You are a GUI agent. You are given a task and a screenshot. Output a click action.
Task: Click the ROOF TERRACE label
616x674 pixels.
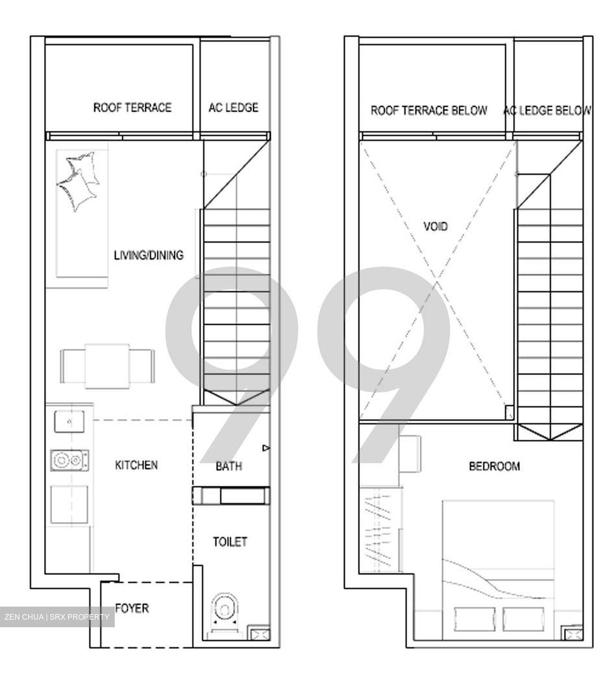coord(132,108)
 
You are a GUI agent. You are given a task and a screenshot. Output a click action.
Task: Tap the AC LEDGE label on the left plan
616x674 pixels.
coord(233,108)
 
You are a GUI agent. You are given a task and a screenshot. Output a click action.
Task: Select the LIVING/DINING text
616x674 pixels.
coord(148,255)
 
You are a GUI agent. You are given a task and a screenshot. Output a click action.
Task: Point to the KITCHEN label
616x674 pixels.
coord(136,465)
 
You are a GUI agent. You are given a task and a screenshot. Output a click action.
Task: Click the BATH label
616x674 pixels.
coord(229,466)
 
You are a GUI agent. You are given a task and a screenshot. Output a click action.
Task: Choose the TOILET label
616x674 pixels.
coord(230,542)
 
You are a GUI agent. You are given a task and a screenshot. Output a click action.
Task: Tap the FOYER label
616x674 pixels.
coord(132,608)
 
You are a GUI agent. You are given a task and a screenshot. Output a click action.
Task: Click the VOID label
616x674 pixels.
coord(435,227)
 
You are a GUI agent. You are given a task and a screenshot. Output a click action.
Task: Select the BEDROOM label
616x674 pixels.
coord(494,466)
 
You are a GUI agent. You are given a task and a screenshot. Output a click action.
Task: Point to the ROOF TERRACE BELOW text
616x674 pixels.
coord(429,110)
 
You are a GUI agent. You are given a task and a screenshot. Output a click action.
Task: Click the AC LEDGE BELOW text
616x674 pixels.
coord(547,110)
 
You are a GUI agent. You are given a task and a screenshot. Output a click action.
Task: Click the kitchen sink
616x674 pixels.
coord(69,421)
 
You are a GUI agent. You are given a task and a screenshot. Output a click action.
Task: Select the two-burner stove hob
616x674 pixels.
coord(70,460)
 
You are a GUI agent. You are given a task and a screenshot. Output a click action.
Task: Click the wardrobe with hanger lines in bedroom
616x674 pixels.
coord(379,530)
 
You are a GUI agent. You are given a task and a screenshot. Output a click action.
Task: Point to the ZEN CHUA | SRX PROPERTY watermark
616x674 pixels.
coord(57,617)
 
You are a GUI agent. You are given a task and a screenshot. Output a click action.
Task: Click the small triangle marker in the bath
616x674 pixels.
coord(266,448)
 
